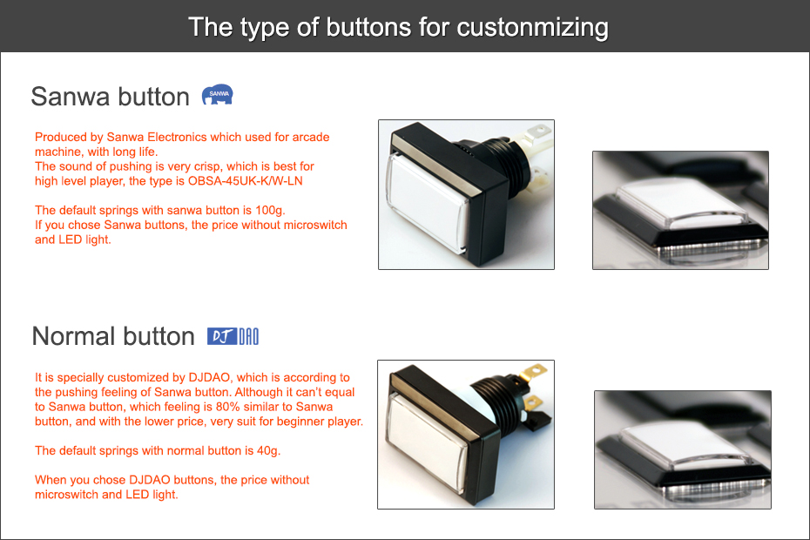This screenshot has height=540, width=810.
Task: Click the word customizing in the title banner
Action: click(532, 28)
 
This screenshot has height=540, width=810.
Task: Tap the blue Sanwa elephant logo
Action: click(217, 95)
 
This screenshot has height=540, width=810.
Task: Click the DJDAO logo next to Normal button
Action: click(233, 336)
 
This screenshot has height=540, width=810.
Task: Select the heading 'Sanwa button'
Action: click(110, 97)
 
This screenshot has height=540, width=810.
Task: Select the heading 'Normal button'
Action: click(113, 336)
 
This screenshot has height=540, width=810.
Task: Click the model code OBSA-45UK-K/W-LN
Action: click(245, 181)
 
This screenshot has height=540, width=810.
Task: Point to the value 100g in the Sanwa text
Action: click(270, 211)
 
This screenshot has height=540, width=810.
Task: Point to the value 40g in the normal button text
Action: click(268, 450)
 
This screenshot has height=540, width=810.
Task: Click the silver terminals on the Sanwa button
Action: click(537, 155)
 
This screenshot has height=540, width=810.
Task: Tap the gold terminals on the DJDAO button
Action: click(533, 388)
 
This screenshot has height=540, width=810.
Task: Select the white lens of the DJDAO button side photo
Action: click(425, 442)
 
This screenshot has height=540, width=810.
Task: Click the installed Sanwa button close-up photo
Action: click(680, 210)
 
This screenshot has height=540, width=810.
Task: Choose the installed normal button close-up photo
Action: click(683, 449)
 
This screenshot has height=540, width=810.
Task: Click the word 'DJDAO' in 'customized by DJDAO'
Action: click(209, 378)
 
